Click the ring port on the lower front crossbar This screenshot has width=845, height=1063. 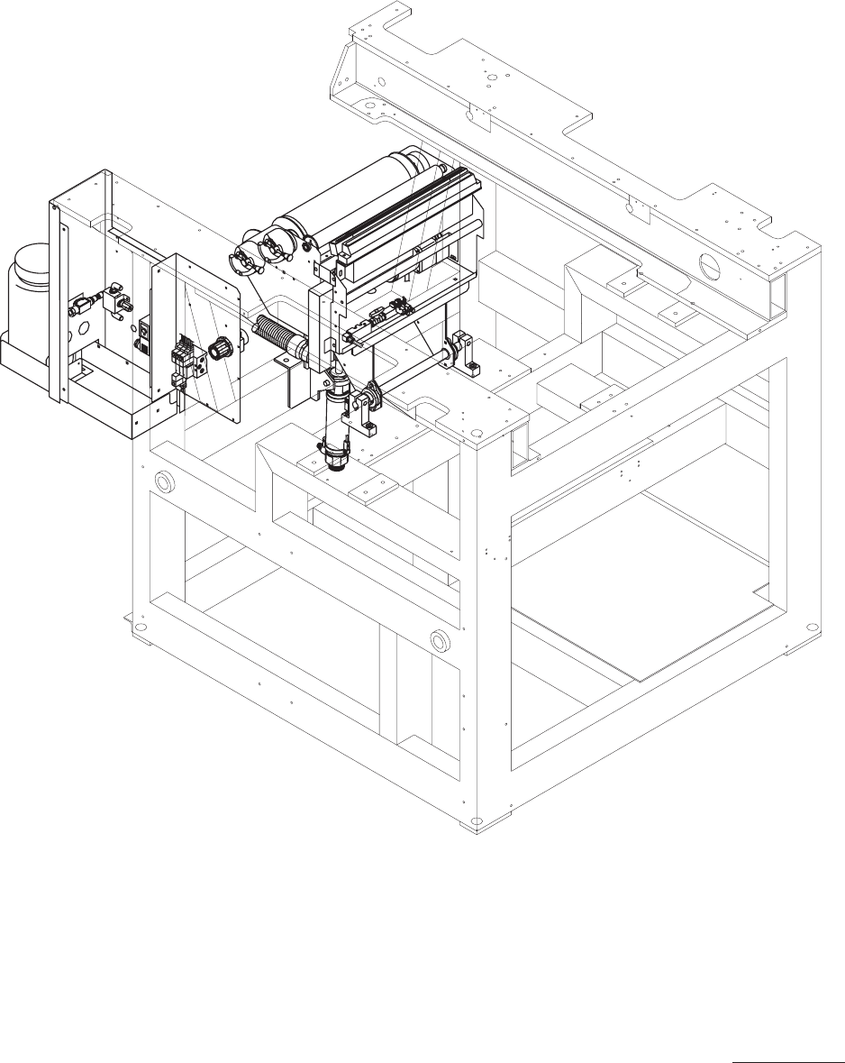click(x=441, y=641)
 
